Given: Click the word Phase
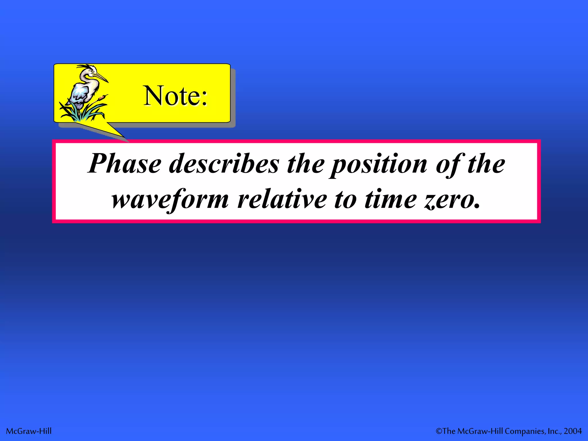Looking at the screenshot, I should [125, 164].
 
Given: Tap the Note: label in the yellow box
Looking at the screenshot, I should [175, 96].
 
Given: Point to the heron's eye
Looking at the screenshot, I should [92, 71].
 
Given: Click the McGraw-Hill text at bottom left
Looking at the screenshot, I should [29, 431].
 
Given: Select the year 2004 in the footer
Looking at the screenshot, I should [572, 431].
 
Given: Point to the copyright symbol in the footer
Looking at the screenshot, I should [439, 431].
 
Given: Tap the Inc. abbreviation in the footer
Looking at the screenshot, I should [554, 431].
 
